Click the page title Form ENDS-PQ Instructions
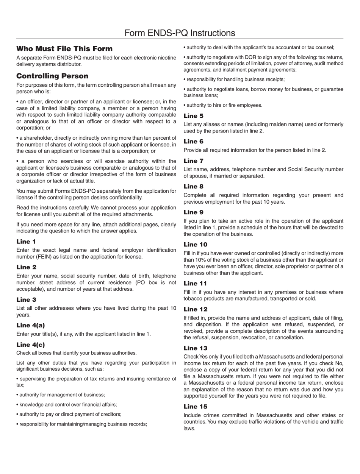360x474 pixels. coord(180,33)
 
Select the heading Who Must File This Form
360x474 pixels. coord(64,49)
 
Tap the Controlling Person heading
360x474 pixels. coord(52,76)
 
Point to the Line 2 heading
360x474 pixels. coord(26,267)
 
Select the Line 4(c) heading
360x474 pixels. coord(31,345)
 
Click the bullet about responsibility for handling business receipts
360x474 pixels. coord(234,80)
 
